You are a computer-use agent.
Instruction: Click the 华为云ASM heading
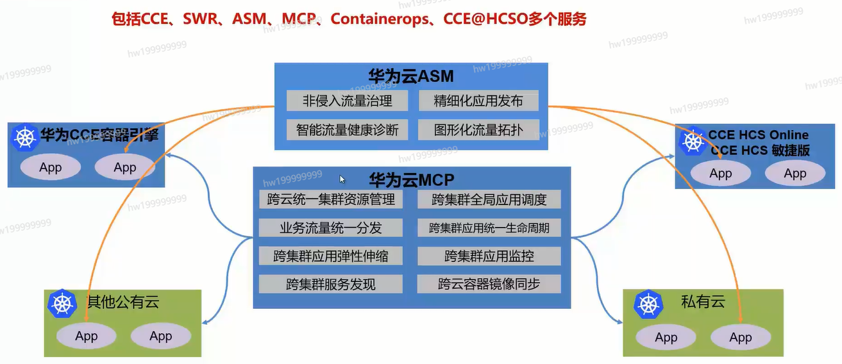(x=411, y=77)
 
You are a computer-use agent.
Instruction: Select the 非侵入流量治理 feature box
(x=347, y=101)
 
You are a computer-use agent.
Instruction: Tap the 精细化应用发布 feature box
(x=478, y=101)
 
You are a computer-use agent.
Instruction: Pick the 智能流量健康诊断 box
(x=347, y=130)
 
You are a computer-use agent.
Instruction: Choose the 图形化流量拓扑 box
(x=478, y=130)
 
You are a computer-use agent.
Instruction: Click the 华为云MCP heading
(x=411, y=179)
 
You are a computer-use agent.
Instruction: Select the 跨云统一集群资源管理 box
(x=331, y=199)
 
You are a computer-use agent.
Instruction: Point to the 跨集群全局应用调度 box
(x=489, y=199)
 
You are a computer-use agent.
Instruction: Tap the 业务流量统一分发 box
(x=331, y=227)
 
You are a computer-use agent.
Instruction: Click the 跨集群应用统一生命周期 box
(x=489, y=227)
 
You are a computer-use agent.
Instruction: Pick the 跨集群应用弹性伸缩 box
(x=331, y=256)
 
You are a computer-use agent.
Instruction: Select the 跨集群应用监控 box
(x=489, y=256)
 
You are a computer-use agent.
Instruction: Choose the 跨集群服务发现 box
(x=331, y=284)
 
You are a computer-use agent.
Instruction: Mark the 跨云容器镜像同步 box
(x=489, y=284)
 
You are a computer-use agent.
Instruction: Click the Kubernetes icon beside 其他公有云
(x=62, y=304)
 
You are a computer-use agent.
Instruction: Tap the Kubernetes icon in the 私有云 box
(x=648, y=304)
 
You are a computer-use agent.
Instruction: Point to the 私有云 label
(x=703, y=301)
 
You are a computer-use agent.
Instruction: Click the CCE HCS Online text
(x=758, y=135)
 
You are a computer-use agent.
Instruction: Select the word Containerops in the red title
(x=379, y=19)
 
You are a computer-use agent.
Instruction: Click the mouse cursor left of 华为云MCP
(x=342, y=179)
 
